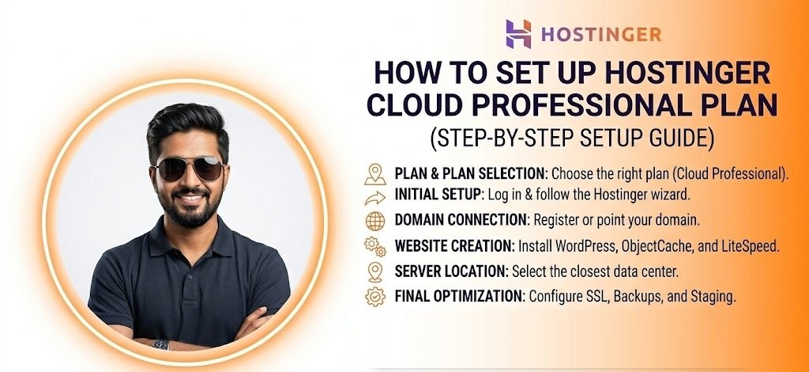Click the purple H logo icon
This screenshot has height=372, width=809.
pos(518,34)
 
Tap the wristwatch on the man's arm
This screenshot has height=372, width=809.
pos(160,344)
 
